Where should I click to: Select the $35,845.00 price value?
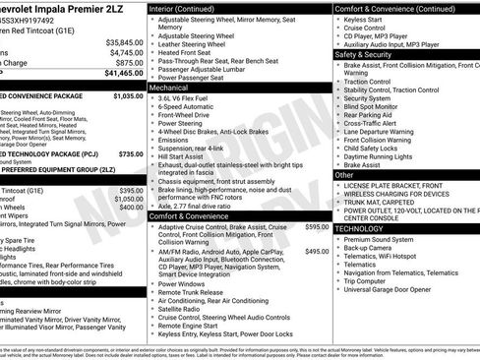pos(125,42)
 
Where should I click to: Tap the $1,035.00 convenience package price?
pos(127,97)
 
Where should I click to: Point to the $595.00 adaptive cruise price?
pos(317,227)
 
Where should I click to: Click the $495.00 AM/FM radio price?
pos(317,252)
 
